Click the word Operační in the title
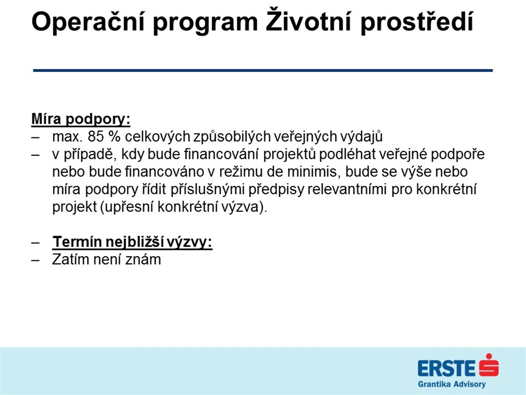click(88, 22)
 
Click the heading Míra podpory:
click(81, 119)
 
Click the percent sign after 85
click(115, 137)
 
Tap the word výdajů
click(361, 136)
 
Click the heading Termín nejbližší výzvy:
click(132, 242)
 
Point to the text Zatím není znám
click(106, 259)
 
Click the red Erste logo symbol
click(489, 365)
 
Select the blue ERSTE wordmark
click(447, 368)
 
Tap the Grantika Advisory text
click(452, 384)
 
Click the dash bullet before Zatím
click(35, 260)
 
